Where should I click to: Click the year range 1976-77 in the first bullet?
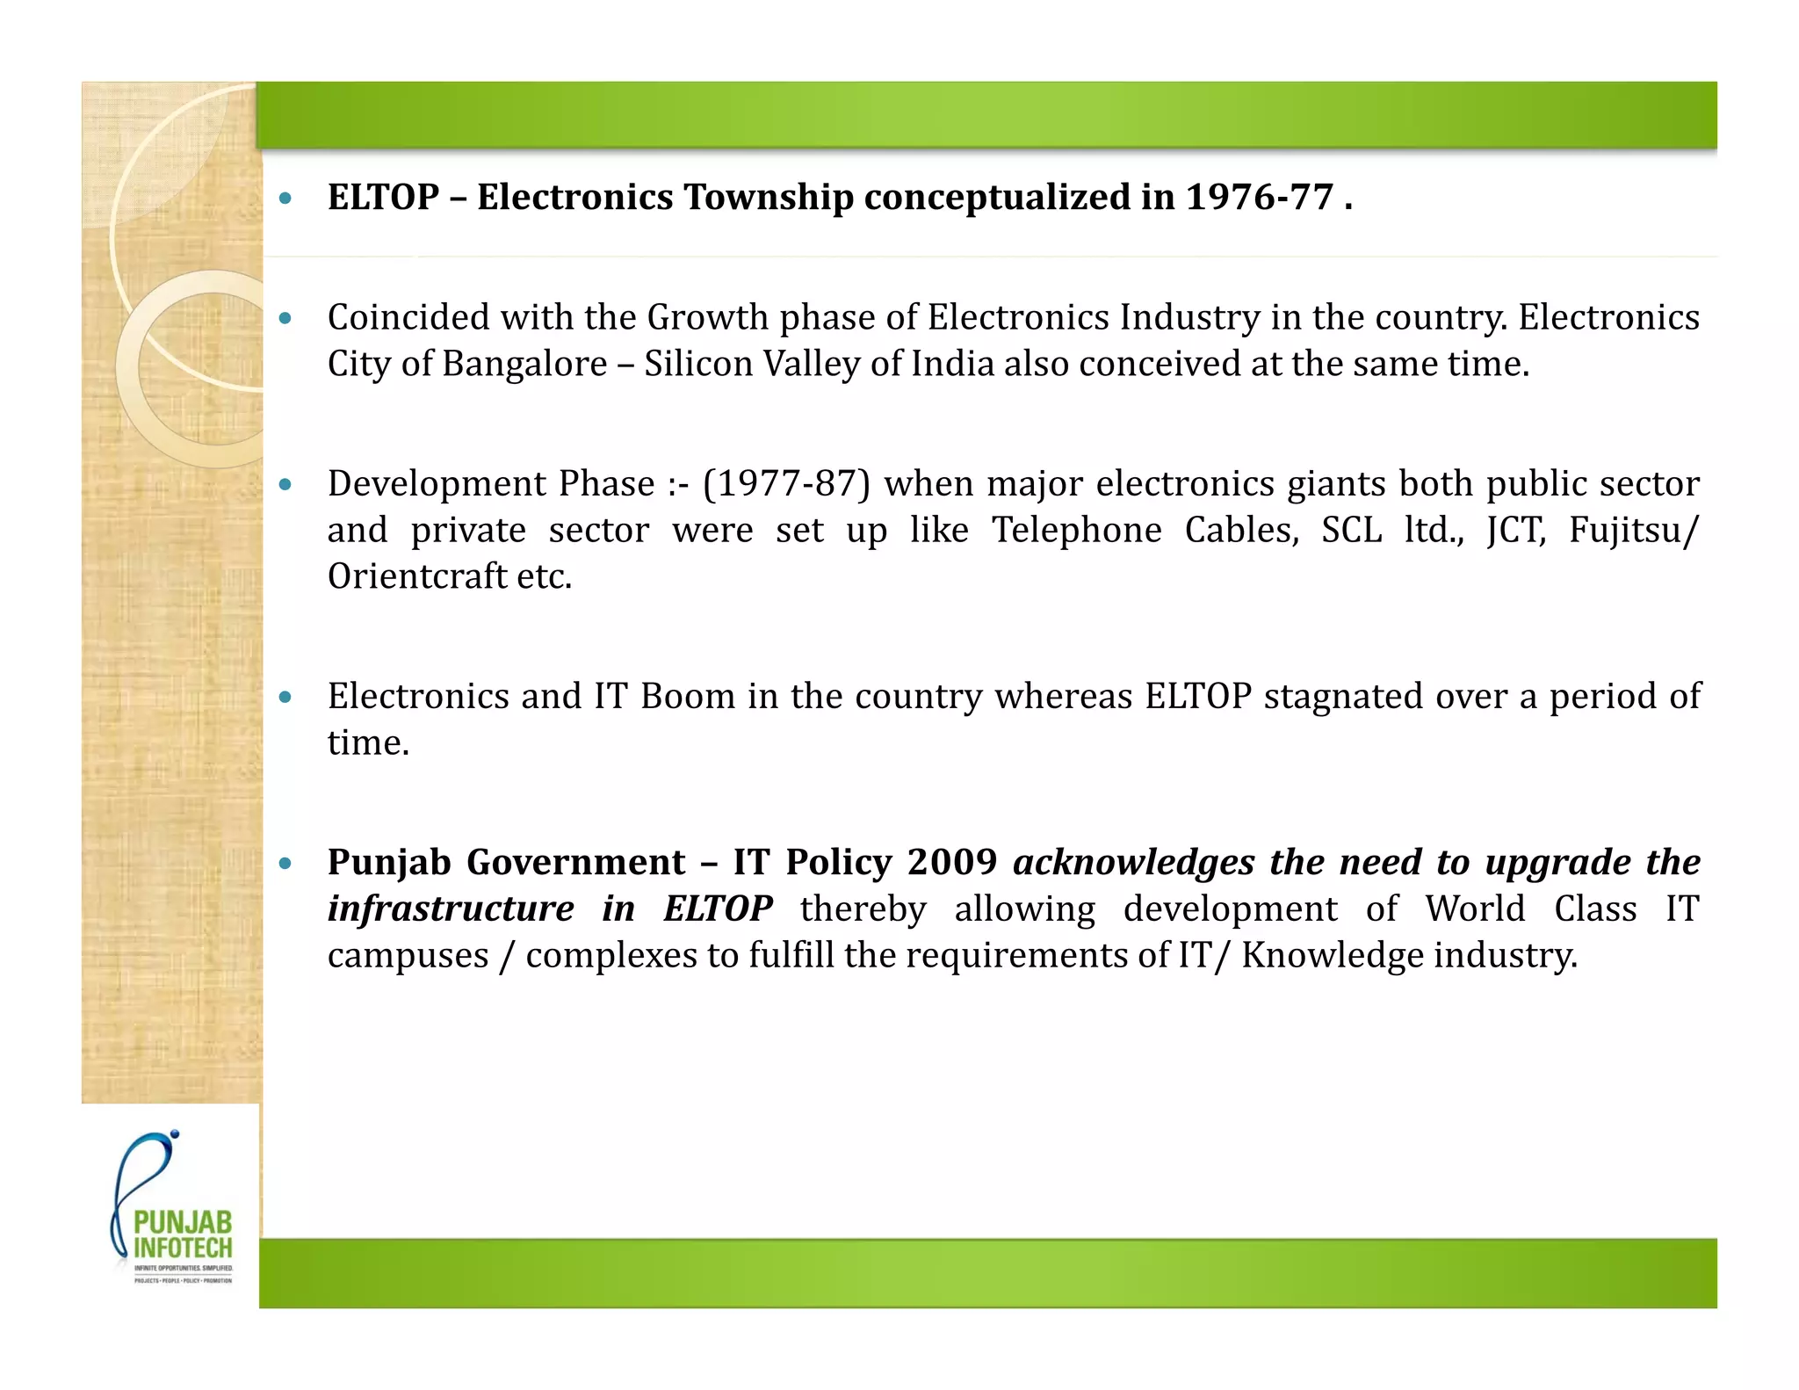(x=1260, y=197)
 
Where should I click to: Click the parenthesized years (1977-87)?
(x=786, y=484)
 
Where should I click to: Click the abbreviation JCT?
(x=1515, y=531)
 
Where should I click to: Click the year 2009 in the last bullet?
(x=951, y=863)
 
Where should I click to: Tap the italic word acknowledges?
(x=1133, y=863)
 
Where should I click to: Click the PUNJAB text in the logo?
(x=183, y=1222)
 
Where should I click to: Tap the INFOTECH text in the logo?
(x=183, y=1248)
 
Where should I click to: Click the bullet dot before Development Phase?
(x=285, y=484)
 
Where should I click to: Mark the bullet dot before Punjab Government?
(x=285, y=863)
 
